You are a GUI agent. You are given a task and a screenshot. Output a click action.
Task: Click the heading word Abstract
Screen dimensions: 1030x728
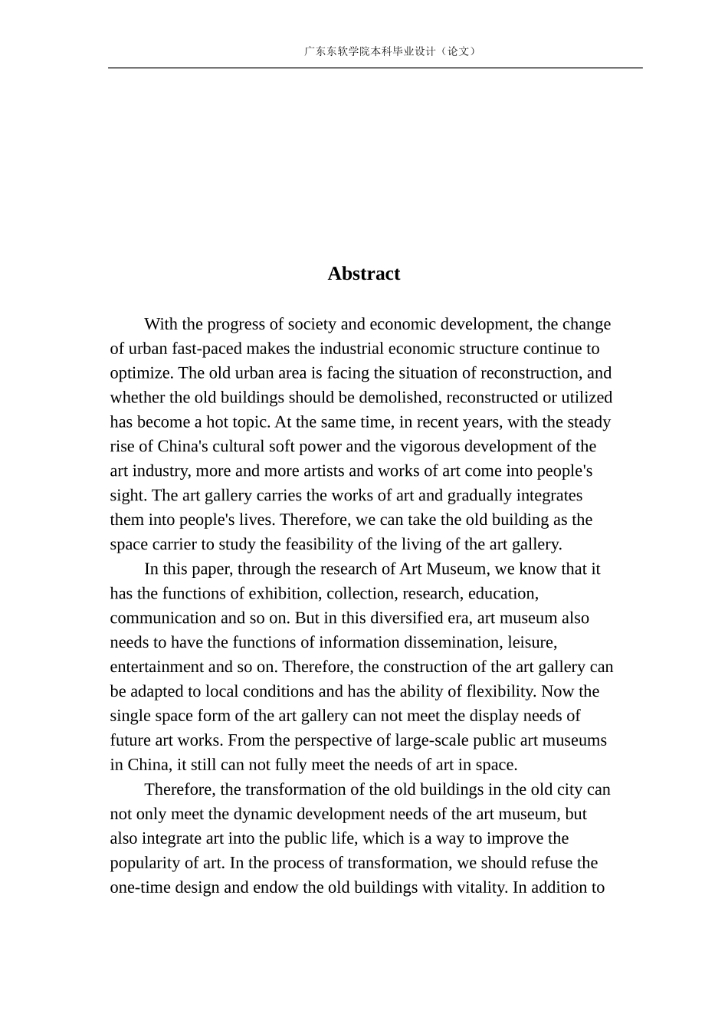363,274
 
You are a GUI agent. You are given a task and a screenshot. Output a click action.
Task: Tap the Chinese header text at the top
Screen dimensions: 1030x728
390,51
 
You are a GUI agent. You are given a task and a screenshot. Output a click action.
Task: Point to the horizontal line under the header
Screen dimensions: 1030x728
375,68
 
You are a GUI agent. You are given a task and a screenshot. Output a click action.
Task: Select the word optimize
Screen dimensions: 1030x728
140,373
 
